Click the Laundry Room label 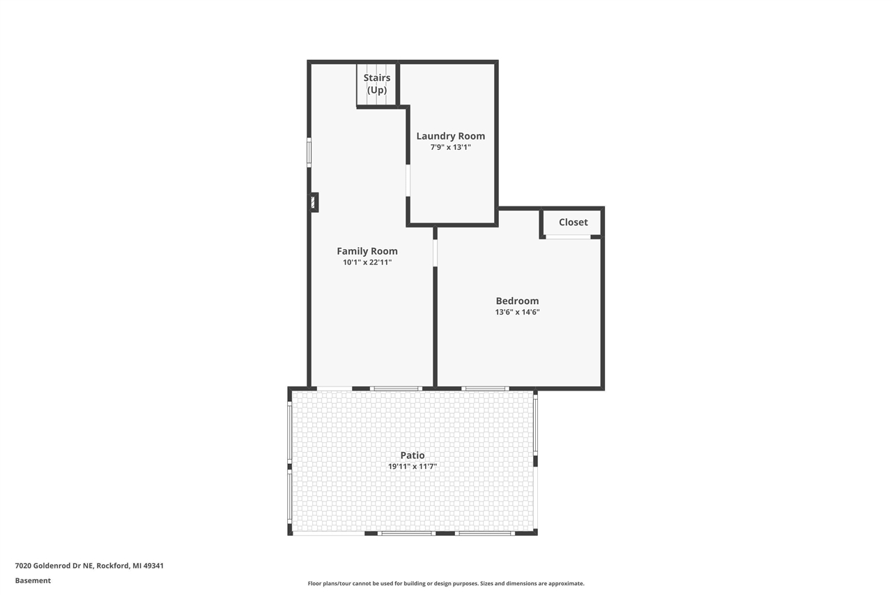450,136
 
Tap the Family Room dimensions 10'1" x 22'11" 367,263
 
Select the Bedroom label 517,301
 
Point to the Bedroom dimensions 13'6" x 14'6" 517,312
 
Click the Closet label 573,222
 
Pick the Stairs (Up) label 376,84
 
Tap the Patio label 412,455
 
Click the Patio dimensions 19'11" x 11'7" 412,467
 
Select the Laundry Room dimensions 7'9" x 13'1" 450,147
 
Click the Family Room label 367,251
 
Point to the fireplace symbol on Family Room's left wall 314,202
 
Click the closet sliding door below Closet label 567,237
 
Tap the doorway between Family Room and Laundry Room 408,180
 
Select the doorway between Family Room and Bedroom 435,253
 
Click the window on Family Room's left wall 309,152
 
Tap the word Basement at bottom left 33,580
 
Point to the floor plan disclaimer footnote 446,583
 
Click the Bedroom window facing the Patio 485,389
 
